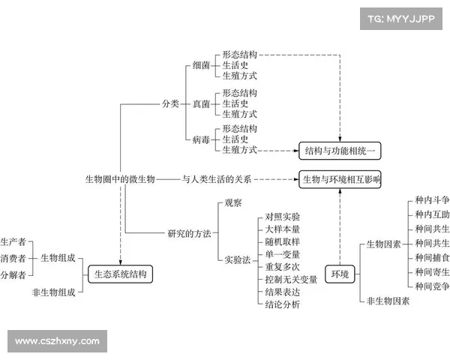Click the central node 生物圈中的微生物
click(x=119, y=179)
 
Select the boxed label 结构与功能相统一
click(x=340, y=151)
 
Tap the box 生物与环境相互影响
click(x=341, y=179)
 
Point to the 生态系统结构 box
click(x=121, y=274)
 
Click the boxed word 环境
click(x=340, y=274)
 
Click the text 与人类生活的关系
click(x=217, y=179)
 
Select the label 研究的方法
click(x=188, y=233)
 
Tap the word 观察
click(x=233, y=202)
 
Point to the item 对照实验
click(x=282, y=216)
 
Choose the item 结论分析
click(x=282, y=304)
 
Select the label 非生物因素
click(x=388, y=301)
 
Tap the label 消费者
click(x=13, y=258)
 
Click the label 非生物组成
click(x=53, y=292)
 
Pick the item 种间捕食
click(x=432, y=257)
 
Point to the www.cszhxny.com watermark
click(x=57, y=341)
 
